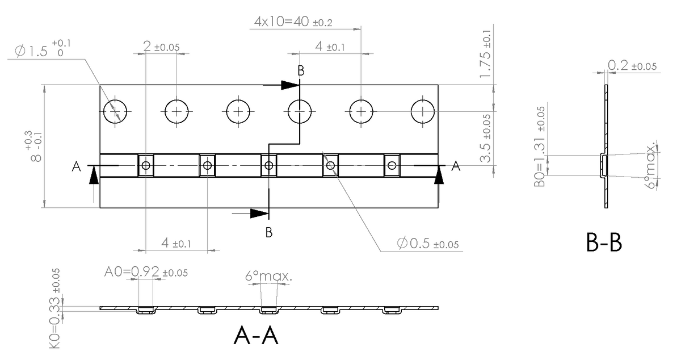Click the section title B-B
pos(604,243)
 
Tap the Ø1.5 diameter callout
pos(40,51)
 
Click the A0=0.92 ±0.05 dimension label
pos(146,272)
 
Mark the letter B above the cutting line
pos(301,70)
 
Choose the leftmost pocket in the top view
pos(146,166)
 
